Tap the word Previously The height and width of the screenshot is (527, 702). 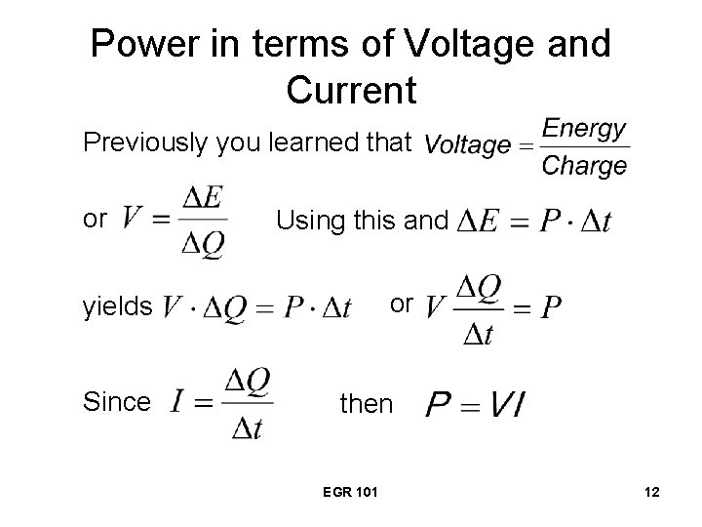[146, 143]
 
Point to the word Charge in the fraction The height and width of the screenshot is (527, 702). [583, 165]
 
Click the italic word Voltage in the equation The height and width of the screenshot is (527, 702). [468, 146]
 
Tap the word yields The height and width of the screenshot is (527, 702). [117, 307]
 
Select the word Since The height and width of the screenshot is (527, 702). [117, 401]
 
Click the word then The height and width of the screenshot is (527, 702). [366, 403]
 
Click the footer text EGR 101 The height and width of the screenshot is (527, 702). [347, 496]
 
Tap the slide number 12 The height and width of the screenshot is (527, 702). [651, 496]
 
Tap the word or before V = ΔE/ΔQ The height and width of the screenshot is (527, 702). [95, 221]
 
